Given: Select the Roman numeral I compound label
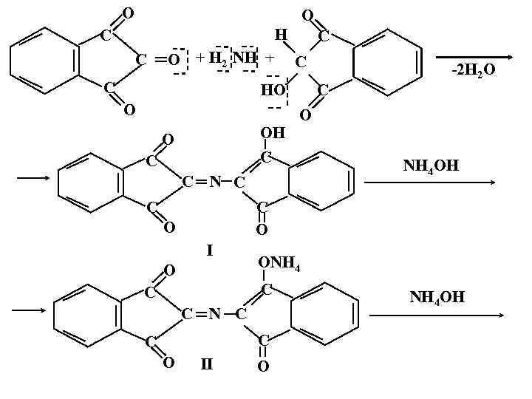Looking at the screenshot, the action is (210, 250).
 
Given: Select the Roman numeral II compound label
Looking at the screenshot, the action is (208, 363).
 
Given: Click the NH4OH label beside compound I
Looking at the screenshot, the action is (432, 166).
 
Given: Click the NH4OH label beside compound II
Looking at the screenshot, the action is (438, 298).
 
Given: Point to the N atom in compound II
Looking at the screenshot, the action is (214, 315).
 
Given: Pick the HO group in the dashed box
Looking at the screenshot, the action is (273, 90).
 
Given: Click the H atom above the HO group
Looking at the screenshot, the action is (282, 34).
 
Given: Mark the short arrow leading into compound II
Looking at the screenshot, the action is (32, 310).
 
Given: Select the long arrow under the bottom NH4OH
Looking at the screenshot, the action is (436, 316).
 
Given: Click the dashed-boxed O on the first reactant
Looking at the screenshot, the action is (174, 59).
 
